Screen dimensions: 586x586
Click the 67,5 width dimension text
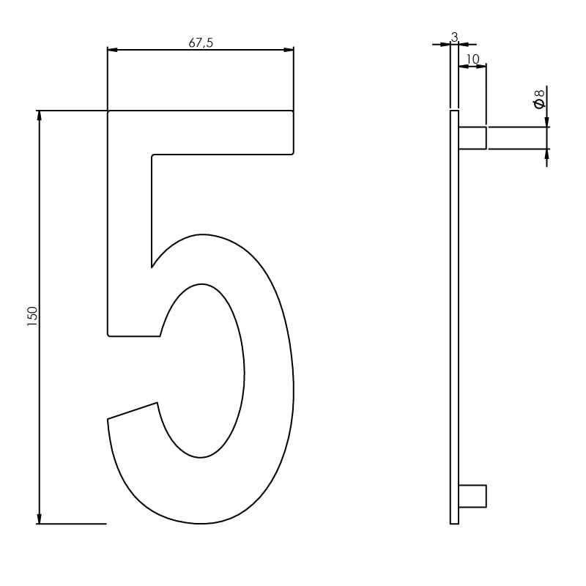[x=201, y=42]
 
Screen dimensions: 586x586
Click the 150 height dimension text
[x=32, y=316]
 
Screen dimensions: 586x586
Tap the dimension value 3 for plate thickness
[x=454, y=37]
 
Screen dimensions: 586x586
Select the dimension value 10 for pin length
[x=472, y=59]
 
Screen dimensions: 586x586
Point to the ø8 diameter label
[x=540, y=99]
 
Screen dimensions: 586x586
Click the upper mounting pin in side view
[x=472, y=138]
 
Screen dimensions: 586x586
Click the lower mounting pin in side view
[x=472, y=496]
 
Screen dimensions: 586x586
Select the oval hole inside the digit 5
[x=201, y=370]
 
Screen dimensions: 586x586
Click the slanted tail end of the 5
[x=133, y=412]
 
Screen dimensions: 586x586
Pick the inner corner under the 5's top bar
[x=153, y=156]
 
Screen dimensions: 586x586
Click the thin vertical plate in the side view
[x=454, y=315]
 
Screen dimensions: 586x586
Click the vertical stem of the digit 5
[x=130, y=242]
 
